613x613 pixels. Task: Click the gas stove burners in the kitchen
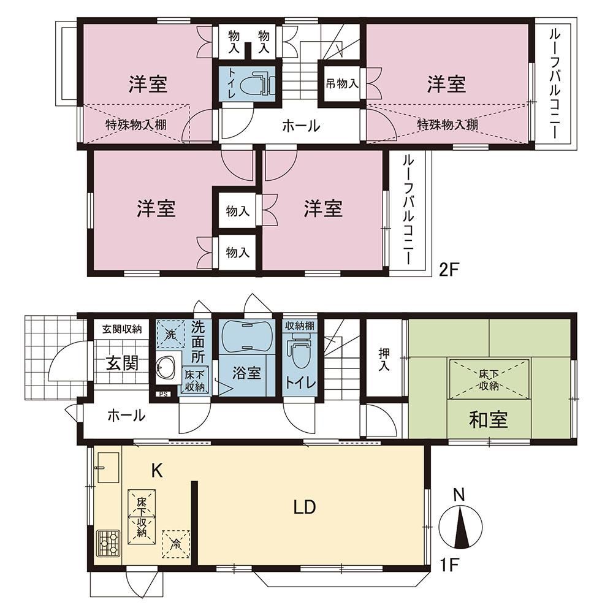pos(108,543)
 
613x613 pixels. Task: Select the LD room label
pos(305,507)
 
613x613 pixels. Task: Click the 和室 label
pos(489,419)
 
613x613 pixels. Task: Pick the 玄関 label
pos(123,363)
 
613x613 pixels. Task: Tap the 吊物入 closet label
pos(342,83)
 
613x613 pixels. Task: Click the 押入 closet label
pos(384,360)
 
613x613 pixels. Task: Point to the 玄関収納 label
pos(122,329)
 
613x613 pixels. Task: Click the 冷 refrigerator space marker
pos(176,543)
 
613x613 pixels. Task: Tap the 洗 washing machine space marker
pos(170,334)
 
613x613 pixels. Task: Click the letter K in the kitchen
pos(157,471)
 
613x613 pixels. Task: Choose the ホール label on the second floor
pos(301,126)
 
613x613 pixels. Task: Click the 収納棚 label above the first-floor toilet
pos(299,326)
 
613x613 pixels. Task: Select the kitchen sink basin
pos(107,468)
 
